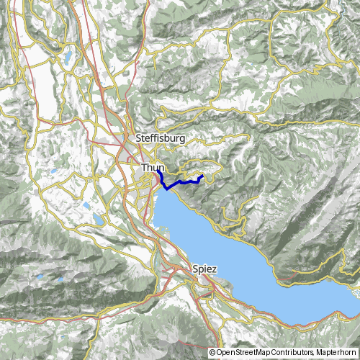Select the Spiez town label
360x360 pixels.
[x=204, y=269]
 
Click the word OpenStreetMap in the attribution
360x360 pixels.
[x=243, y=353]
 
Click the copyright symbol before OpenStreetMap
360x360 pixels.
[x=212, y=353]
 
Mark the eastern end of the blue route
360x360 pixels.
[x=203, y=176]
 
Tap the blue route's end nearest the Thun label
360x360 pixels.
[x=159, y=171]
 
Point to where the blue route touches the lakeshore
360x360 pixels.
[x=168, y=188]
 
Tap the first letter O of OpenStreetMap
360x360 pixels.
[x=219, y=353]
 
